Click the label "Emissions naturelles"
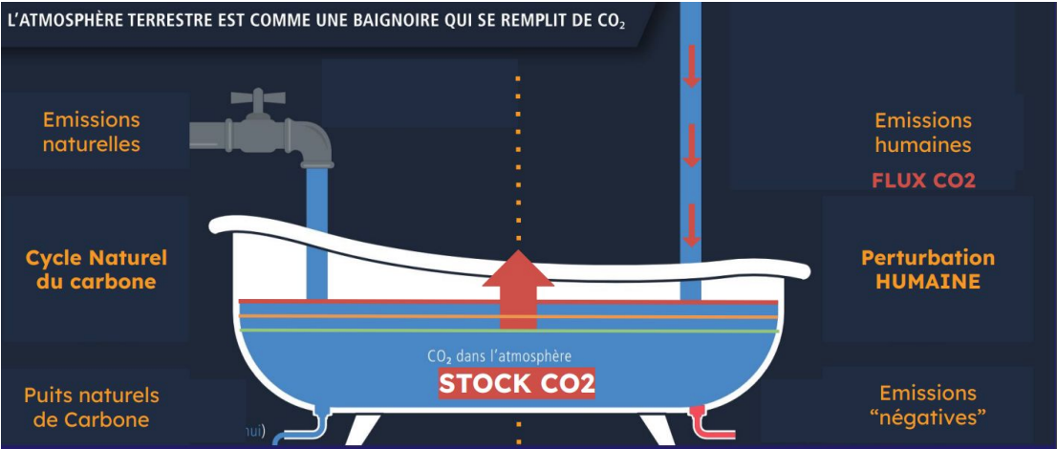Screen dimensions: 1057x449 click(x=91, y=132)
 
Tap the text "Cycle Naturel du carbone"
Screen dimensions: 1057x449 click(x=96, y=269)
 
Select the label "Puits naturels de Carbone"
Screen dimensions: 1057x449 click(x=91, y=407)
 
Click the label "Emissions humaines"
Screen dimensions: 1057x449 click(x=922, y=133)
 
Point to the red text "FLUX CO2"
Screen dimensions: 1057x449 click(x=922, y=181)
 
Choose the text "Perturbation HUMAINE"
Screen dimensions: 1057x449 click(x=927, y=269)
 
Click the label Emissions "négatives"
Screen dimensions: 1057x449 click(x=927, y=405)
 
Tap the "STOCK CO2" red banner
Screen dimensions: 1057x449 click(x=517, y=384)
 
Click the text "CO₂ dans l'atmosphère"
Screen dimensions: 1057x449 click(x=500, y=356)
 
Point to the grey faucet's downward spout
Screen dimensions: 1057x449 click(x=317, y=153)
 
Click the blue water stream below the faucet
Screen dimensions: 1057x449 click(x=315, y=229)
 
